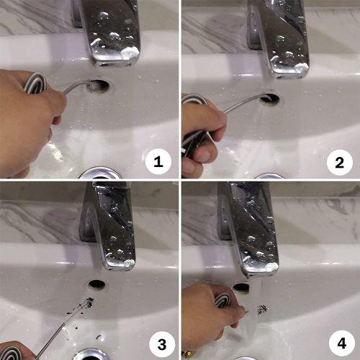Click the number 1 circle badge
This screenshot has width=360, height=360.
[158, 161]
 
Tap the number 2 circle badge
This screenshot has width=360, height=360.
[340, 163]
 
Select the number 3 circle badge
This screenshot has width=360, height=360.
[162, 344]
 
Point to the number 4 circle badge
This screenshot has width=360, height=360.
[342, 343]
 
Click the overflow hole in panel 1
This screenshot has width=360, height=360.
[98, 86]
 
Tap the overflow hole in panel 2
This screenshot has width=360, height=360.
[270, 98]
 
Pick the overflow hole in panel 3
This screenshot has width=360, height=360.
[96, 284]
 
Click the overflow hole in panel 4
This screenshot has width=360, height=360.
[242, 287]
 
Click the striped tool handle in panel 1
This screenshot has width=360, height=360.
[35, 83]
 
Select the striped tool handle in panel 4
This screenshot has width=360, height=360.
[222, 301]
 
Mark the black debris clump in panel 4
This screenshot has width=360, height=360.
[263, 309]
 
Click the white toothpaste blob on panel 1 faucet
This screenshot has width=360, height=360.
[130, 53]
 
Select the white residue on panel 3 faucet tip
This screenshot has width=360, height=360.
[129, 264]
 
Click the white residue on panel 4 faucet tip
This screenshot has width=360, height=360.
[272, 266]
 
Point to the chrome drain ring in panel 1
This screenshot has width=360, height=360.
[99, 173]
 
